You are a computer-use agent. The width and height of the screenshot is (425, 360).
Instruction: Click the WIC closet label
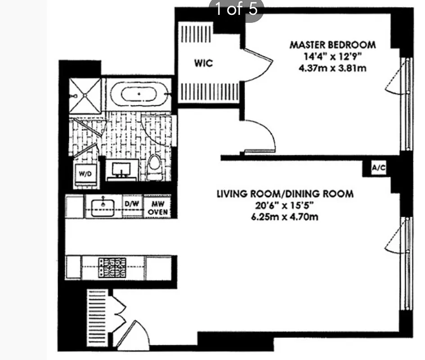click(x=203, y=63)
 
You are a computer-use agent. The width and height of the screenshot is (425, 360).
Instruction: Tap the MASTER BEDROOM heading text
click(x=332, y=45)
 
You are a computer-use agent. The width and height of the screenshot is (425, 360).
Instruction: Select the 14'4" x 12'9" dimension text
click(x=332, y=57)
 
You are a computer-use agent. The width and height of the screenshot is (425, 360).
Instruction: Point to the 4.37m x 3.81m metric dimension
click(x=332, y=69)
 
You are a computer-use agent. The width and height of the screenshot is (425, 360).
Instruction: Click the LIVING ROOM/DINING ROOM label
click(x=285, y=194)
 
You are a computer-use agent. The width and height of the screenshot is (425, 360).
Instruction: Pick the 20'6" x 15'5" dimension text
click(x=285, y=206)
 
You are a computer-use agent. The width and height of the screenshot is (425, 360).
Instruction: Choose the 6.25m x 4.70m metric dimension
click(x=285, y=218)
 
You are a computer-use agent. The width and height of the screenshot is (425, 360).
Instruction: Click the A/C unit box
click(x=377, y=168)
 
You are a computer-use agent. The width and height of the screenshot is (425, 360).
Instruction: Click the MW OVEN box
click(x=157, y=207)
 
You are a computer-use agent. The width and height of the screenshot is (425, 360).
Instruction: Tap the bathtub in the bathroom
click(x=139, y=94)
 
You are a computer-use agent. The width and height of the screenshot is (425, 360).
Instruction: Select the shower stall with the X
click(x=85, y=95)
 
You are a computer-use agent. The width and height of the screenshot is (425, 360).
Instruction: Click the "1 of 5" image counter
click(x=236, y=9)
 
